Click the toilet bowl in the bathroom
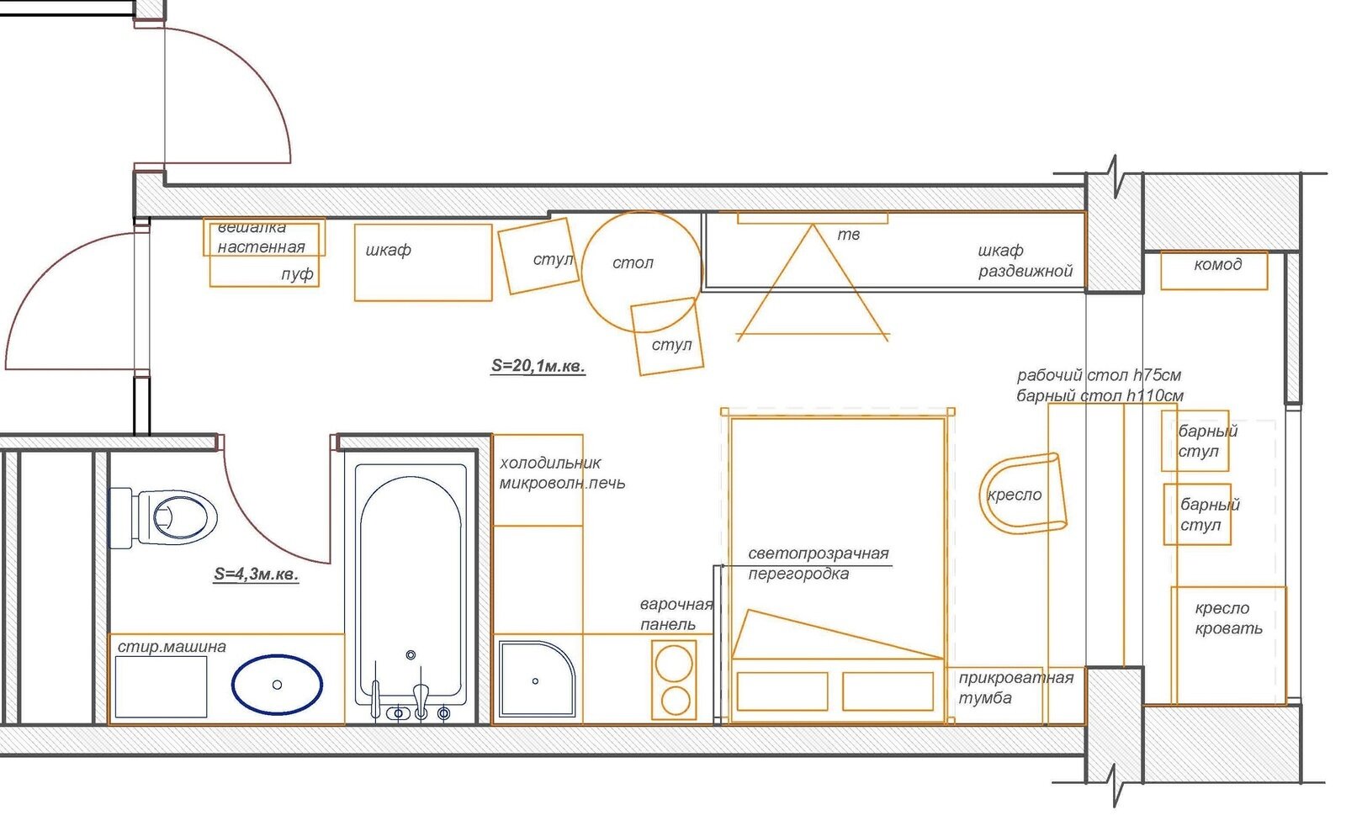[x=163, y=517]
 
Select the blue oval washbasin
[x=277, y=684]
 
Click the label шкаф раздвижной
[x=1025, y=261]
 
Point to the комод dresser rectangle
[x=1214, y=270]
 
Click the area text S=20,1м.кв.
[x=538, y=365]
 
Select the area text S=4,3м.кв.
[x=256, y=574]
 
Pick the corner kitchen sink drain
[x=535, y=680]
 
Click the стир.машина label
[x=172, y=646]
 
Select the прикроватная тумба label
[x=1015, y=687]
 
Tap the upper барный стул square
[x=1195, y=441]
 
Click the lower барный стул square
[x=1197, y=514]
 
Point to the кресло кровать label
[x=1227, y=618]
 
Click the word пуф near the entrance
[x=297, y=274]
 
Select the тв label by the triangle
[x=849, y=235]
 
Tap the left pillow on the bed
[x=782, y=691]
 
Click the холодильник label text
[x=550, y=463]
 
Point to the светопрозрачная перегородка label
[x=818, y=563]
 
